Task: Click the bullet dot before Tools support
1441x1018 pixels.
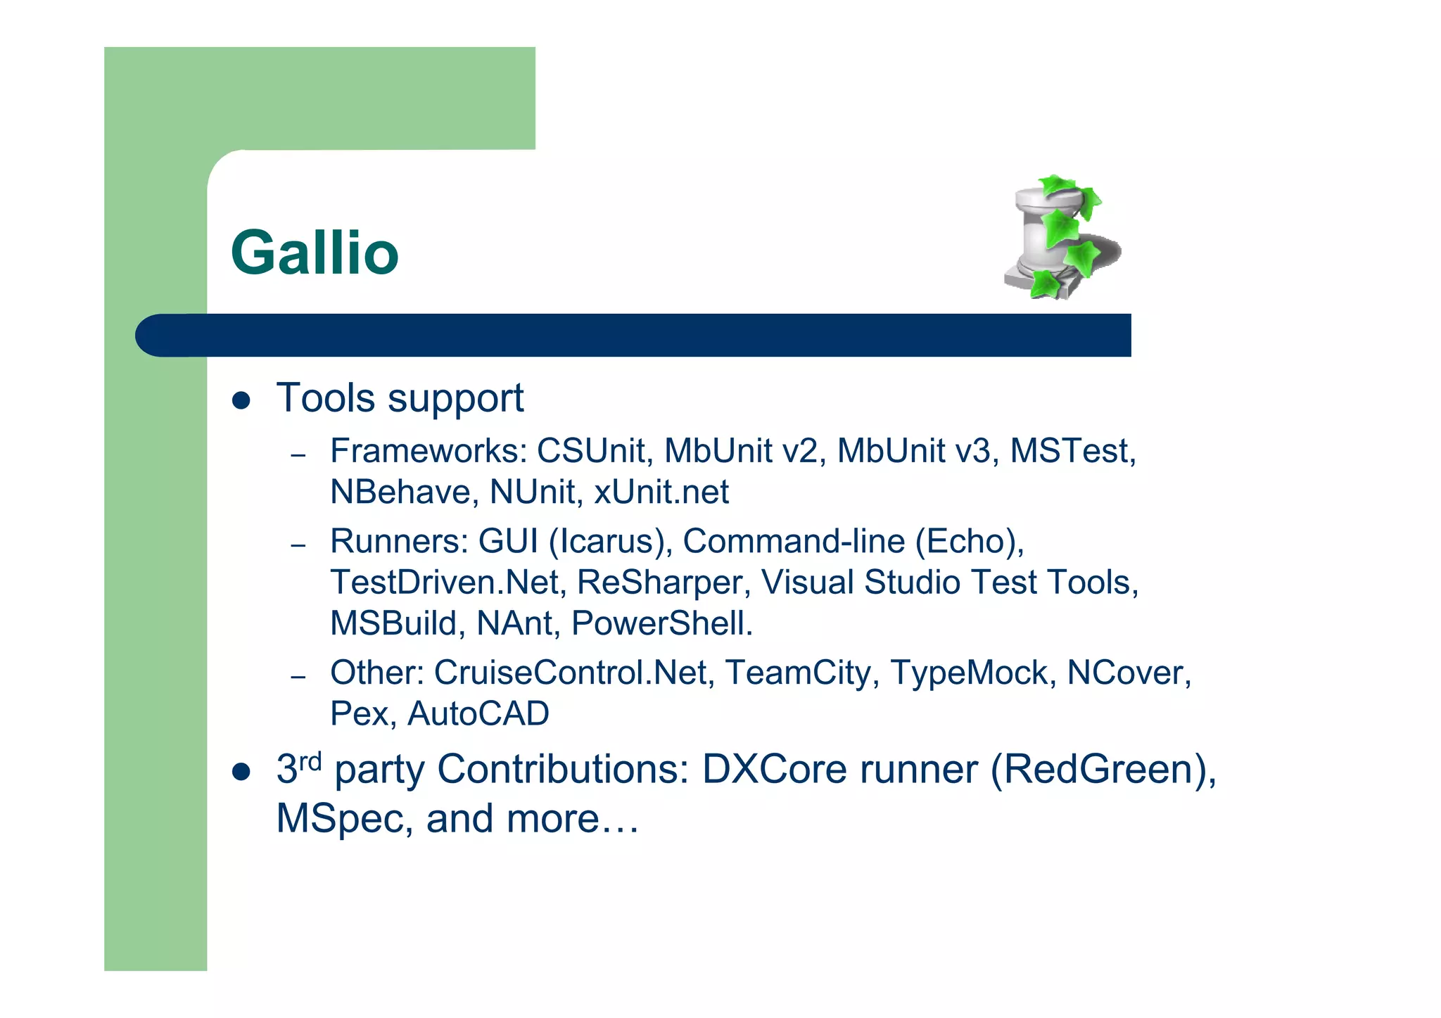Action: [x=241, y=401]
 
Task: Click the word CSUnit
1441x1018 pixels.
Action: [x=590, y=451]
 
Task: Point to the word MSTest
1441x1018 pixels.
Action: [x=1072, y=451]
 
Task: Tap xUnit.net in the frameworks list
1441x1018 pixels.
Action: [x=661, y=492]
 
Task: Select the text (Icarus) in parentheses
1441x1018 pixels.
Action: [x=609, y=541]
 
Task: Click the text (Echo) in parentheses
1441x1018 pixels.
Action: [x=970, y=541]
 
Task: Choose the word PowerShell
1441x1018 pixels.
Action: [x=661, y=623]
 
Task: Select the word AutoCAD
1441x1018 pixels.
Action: [x=478, y=714]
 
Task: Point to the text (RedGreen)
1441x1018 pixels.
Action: [x=1103, y=769]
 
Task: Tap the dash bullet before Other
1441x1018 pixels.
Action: [x=298, y=677]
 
